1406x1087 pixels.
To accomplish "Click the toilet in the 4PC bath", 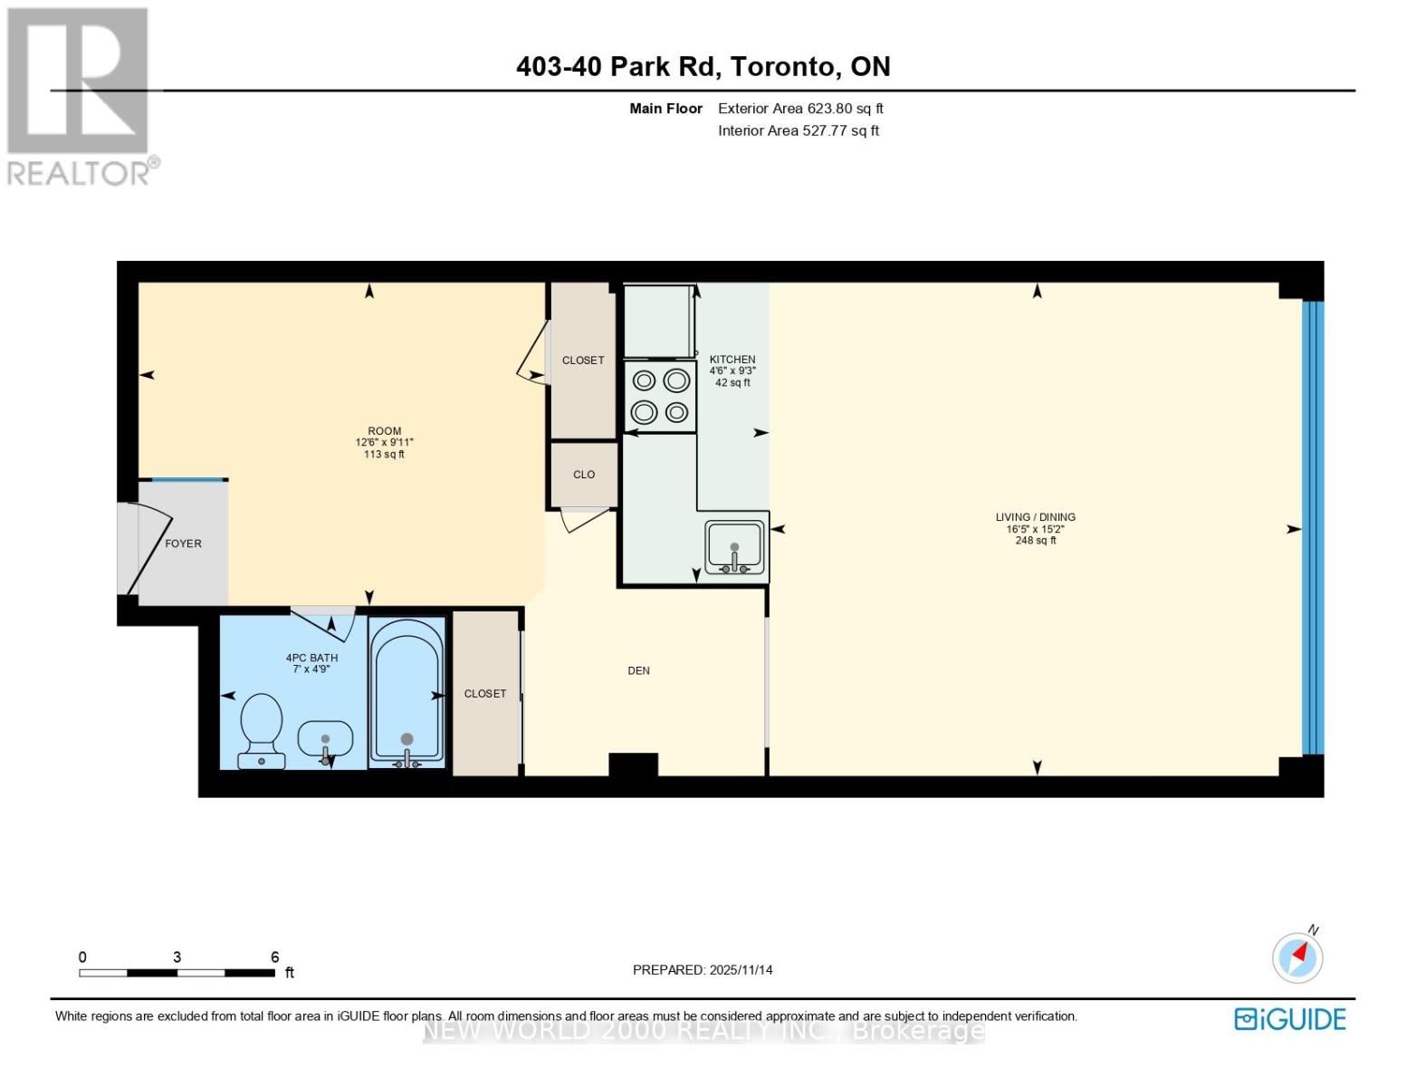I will pyautogui.click(x=262, y=730).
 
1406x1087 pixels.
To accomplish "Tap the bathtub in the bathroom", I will pyautogui.click(x=406, y=693).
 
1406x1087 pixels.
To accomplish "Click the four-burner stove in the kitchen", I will pyautogui.click(x=660, y=396).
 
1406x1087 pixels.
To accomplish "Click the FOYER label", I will pyautogui.click(x=183, y=543).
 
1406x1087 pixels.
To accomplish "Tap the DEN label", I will pyautogui.click(x=638, y=671).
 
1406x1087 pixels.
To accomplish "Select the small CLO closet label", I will pyautogui.click(x=584, y=475).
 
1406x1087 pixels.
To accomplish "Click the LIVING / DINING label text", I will pyautogui.click(x=1036, y=517).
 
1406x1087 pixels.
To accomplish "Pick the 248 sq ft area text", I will pyautogui.click(x=1036, y=541).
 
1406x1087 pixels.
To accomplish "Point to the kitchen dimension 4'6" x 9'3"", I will pyautogui.click(x=732, y=371).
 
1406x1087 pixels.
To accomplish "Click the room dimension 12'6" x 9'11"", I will pyautogui.click(x=384, y=443).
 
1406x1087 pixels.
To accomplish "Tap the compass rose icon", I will pyautogui.click(x=1297, y=957).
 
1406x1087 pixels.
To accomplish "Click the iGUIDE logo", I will pyautogui.click(x=1290, y=1019).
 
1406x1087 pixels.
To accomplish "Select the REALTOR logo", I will pyautogui.click(x=80, y=95).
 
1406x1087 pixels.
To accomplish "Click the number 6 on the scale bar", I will pyautogui.click(x=274, y=957).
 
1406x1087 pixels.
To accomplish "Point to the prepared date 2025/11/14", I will pyautogui.click(x=741, y=970).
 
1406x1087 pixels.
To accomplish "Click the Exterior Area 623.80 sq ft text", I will pyautogui.click(x=800, y=109).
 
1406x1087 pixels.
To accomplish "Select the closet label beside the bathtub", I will pyautogui.click(x=485, y=694).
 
